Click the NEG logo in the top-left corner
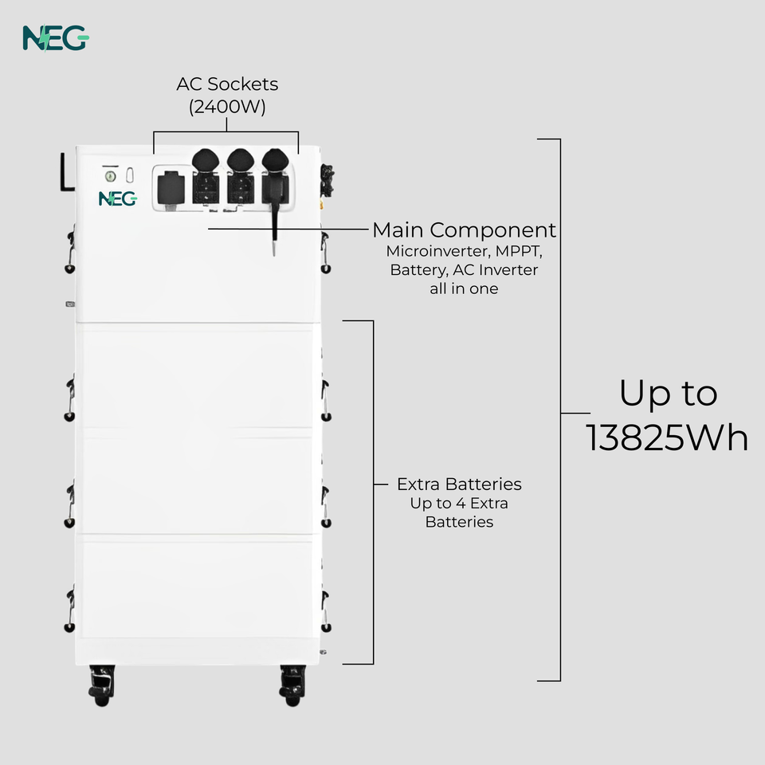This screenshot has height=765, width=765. point(55,37)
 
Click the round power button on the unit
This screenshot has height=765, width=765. point(111,175)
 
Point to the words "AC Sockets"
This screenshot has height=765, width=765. point(227,84)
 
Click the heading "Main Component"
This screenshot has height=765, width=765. point(464,230)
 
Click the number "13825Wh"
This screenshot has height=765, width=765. point(668,437)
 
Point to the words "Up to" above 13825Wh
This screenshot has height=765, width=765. point(668,393)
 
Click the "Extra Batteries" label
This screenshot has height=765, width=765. point(459,484)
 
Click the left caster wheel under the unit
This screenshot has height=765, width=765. point(102,684)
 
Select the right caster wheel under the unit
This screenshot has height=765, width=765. point(292,684)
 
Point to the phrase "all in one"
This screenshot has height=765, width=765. point(464,288)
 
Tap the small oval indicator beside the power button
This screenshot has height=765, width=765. point(130,175)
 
